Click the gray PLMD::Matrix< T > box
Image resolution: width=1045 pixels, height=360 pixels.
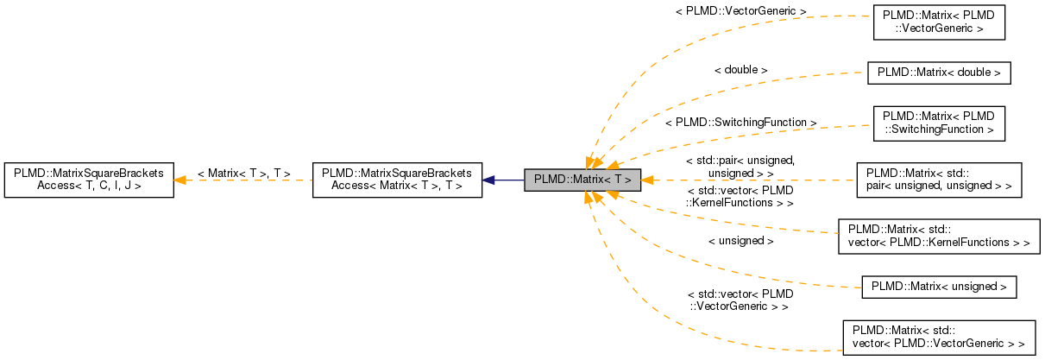582,180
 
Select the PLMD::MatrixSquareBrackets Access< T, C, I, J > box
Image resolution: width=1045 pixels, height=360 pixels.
88,180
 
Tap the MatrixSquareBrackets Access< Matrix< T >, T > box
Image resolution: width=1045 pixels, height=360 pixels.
396,180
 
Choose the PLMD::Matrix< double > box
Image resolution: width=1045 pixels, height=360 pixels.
938,73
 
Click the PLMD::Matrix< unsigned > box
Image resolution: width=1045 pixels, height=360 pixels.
939,287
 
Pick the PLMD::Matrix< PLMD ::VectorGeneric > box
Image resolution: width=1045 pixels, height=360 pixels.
939,22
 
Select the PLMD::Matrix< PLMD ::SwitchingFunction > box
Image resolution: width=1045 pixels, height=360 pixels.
939,123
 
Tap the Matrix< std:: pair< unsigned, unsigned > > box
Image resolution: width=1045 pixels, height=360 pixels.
939,179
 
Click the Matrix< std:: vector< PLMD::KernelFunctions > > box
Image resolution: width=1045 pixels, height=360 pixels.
939,236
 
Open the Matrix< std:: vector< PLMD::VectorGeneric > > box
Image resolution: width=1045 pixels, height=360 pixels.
939,337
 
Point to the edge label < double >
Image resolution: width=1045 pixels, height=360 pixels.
740,69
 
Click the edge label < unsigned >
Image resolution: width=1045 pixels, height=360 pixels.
740,241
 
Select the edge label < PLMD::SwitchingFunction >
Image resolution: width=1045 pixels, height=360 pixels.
740,123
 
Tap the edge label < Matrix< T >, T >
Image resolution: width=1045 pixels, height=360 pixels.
243,174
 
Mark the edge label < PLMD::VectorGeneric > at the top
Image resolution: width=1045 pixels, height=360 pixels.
740,11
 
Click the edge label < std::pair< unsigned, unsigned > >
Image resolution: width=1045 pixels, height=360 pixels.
740,167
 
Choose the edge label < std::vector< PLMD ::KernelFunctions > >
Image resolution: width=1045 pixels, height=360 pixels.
740,195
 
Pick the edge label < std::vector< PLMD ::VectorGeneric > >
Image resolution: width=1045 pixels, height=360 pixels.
740,300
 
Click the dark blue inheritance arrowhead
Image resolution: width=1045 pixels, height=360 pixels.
488,180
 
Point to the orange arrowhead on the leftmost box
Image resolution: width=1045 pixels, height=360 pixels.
179,180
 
